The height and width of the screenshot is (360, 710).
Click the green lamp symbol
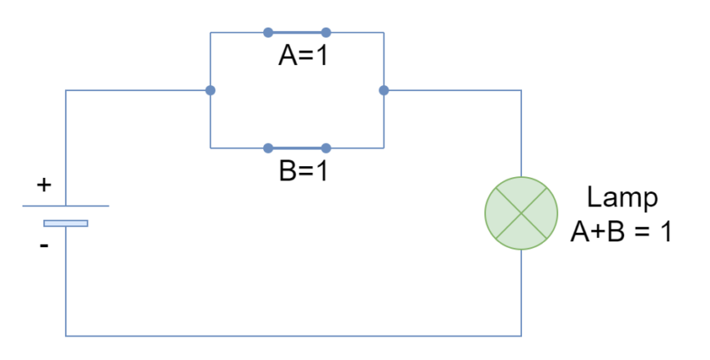click(x=521, y=213)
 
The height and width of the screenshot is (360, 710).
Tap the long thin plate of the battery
click(x=65, y=205)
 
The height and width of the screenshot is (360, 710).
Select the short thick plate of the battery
click(x=65, y=223)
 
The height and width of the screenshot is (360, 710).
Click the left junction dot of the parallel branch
click(x=210, y=90)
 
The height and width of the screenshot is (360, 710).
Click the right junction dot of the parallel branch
click(x=383, y=90)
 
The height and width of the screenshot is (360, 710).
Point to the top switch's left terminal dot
click(x=268, y=33)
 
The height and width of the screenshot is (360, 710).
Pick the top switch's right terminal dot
click(x=326, y=33)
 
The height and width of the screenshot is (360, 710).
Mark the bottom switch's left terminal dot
click(x=268, y=148)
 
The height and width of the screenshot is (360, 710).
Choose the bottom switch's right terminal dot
click(x=326, y=148)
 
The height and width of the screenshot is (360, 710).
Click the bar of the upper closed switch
click(x=297, y=33)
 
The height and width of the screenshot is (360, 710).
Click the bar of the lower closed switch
click(x=297, y=148)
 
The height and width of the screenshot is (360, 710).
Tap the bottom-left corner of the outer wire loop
click(x=65, y=336)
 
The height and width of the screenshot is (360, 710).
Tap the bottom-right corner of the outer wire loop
click(x=521, y=336)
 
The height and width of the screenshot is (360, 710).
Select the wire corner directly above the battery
click(x=65, y=90)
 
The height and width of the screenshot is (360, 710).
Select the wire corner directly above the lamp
click(x=521, y=90)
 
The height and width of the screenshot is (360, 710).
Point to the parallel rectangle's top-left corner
click(x=210, y=33)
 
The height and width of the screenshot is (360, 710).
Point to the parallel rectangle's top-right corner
click(x=383, y=33)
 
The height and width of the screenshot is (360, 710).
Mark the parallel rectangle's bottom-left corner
click(x=210, y=148)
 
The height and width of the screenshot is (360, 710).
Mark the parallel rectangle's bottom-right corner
click(x=383, y=148)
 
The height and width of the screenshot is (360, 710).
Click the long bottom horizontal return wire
click(x=292, y=336)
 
